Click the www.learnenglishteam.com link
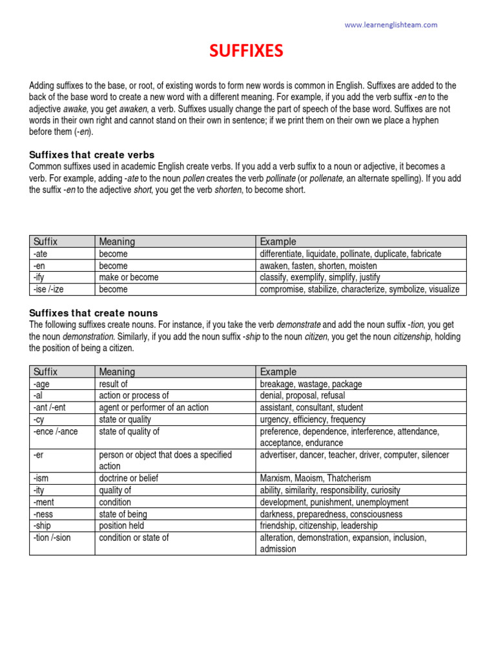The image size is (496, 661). [391, 25]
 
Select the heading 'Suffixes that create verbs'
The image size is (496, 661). [92, 155]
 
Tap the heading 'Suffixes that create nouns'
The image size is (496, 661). [94, 313]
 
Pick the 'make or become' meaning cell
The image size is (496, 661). [129, 278]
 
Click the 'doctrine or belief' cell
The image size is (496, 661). [129, 478]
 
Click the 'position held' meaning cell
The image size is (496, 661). [123, 525]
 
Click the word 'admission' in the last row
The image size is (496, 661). [278, 549]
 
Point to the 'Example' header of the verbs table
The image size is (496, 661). [278, 242]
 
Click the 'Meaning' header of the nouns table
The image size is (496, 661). [117, 372]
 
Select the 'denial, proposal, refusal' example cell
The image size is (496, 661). [302, 396]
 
